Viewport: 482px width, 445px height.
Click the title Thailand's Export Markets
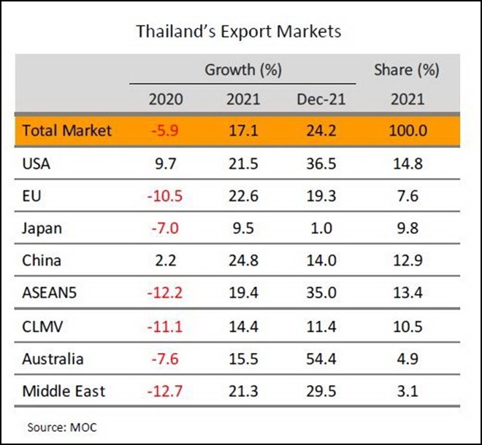click(x=239, y=32)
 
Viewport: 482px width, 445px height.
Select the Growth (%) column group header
click(x=243, y=71)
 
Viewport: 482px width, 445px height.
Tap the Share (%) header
click(x=406, y=71)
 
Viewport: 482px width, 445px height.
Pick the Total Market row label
click(x=67, y=131)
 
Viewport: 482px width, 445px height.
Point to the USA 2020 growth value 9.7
click(x=165, y=163)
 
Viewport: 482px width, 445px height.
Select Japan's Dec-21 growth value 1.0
click(x=321, y=228)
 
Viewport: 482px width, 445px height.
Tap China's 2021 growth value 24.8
click(x=243, y=260)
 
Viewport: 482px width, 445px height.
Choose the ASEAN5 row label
click(x=51, y=293)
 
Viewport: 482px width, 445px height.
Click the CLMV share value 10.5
click(x=406, y=326)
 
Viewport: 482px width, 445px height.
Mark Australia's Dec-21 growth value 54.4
click(x=321, y=359)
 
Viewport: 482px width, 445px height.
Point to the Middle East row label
click(x=64, y=391)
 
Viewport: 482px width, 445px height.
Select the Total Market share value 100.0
click(x=406, y=131)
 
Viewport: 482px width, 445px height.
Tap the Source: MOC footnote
click(x=62, y=427)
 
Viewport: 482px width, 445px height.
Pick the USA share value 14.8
click(x=406, y=163)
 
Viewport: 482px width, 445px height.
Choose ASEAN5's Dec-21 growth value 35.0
click(x=321, y=293)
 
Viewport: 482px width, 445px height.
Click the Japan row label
click(x=42, y=228)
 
